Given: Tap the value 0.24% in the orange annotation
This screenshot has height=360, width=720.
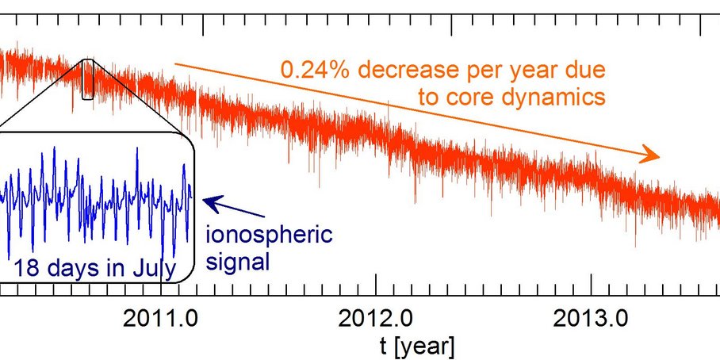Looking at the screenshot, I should pyautogui.click(x=312, y=71).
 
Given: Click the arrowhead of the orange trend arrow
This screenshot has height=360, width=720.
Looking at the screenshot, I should pyautogui.click(x=652, y=155).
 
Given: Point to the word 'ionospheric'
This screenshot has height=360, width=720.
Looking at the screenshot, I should pyautogui.click(x=269, y=236).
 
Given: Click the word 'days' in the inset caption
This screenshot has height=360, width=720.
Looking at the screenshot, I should pyautogui.click(x=71, y=267).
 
